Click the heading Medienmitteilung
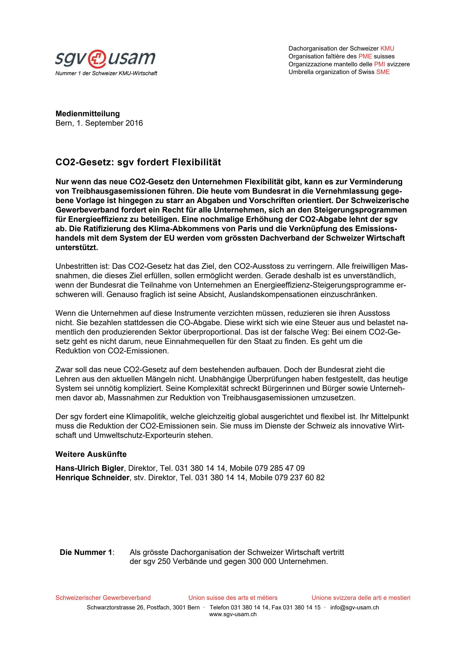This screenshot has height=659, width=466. tap(88, 114)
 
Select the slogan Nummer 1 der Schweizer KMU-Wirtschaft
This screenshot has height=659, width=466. tap(106, 73)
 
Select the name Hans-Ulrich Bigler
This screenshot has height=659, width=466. tap(89, 468)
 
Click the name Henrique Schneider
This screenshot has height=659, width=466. tap(92, 478)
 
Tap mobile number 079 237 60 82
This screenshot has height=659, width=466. tap(299, 478)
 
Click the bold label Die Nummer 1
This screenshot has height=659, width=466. tap(86, 552)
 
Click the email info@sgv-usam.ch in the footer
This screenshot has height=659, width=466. tap(354, 607)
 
